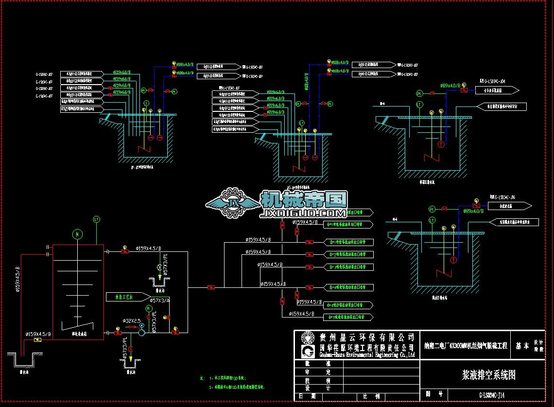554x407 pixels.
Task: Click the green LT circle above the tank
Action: pyautogui.click(x=96, y=220)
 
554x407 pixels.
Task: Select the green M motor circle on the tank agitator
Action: pyautogui.click(x=76, y=235)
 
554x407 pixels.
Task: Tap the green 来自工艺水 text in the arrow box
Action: pyautogui.click(x=124, y=296)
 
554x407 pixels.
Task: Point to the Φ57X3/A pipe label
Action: pyautogui.click(x=160, y=301)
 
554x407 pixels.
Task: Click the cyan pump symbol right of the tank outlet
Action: pyautogui.click(x=141, y=332)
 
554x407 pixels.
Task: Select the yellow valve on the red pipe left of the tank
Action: pyautogui.click(x=38, y=339)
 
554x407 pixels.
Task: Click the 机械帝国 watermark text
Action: pyautogui.click(x=304, y=199)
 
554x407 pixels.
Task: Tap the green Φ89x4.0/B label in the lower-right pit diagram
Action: pyautogui.click(x=473, y=211)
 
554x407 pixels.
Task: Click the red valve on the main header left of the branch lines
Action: pyautogui.click(x=211, y=287)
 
